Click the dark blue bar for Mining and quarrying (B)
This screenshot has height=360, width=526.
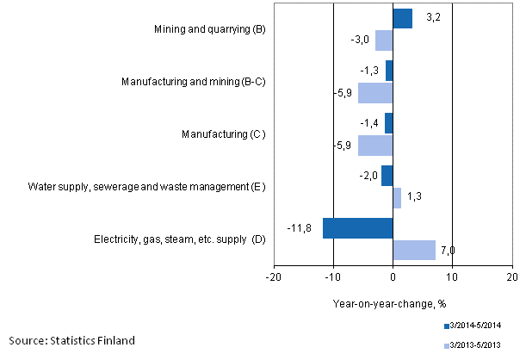402,19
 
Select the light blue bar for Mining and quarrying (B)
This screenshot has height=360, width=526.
384,40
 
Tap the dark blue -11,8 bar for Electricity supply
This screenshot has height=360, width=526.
357,228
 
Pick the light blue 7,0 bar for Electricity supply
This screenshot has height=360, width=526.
414,250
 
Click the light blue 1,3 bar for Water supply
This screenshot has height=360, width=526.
397,198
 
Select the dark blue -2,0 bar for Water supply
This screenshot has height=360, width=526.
387,176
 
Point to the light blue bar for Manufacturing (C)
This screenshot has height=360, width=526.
375,145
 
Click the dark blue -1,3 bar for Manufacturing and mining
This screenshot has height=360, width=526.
389,71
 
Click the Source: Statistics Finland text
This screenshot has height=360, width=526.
72,340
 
